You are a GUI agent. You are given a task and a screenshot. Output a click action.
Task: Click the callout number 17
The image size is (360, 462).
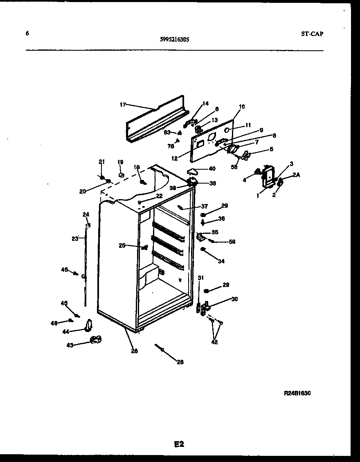122,105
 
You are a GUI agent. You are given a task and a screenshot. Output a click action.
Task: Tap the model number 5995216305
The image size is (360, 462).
174,40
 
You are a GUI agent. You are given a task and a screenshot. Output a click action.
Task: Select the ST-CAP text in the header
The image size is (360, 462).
309,34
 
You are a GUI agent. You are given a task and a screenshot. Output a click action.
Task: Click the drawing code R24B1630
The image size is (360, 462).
297,393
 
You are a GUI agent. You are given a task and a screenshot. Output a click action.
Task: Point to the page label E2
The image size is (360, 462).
179,444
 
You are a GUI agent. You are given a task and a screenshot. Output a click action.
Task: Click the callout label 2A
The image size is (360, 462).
296,175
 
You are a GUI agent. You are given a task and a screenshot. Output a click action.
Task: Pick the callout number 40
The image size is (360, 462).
212,168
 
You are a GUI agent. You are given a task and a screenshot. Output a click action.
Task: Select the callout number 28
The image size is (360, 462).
180,362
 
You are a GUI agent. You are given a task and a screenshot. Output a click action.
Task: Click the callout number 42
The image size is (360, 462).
215,342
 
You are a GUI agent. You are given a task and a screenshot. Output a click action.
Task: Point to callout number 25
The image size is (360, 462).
122,245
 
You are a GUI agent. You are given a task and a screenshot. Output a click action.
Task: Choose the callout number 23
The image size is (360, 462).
74,239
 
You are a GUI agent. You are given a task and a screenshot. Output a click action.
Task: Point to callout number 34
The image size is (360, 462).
221,261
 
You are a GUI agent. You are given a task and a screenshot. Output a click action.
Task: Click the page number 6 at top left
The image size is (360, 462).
27,34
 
